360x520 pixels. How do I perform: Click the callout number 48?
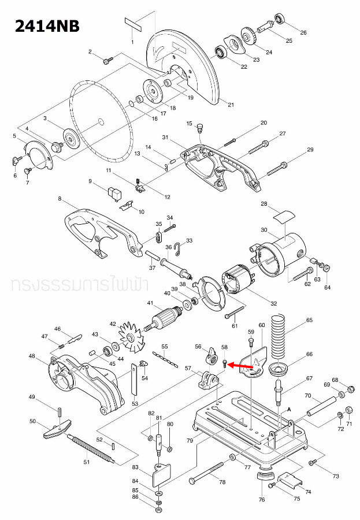[32, 356]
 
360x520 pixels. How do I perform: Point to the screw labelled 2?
[107, 60]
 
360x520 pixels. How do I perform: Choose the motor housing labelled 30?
[281, 251]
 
